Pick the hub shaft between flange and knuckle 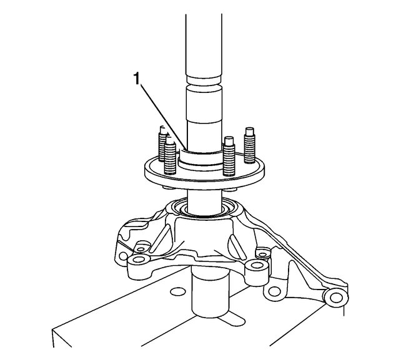coord(203,196)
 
